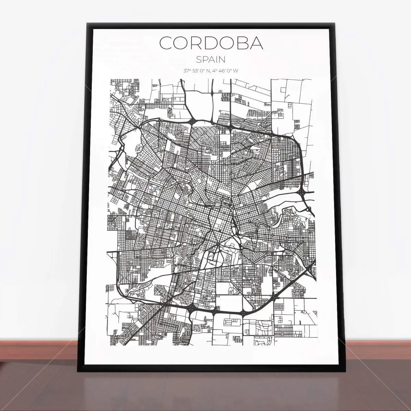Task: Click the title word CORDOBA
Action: coord(211,43)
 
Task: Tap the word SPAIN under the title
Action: coord(211,59)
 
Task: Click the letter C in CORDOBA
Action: coord(167,43)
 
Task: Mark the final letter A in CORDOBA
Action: coord(257,43)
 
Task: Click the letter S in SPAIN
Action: coord(199,59)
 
